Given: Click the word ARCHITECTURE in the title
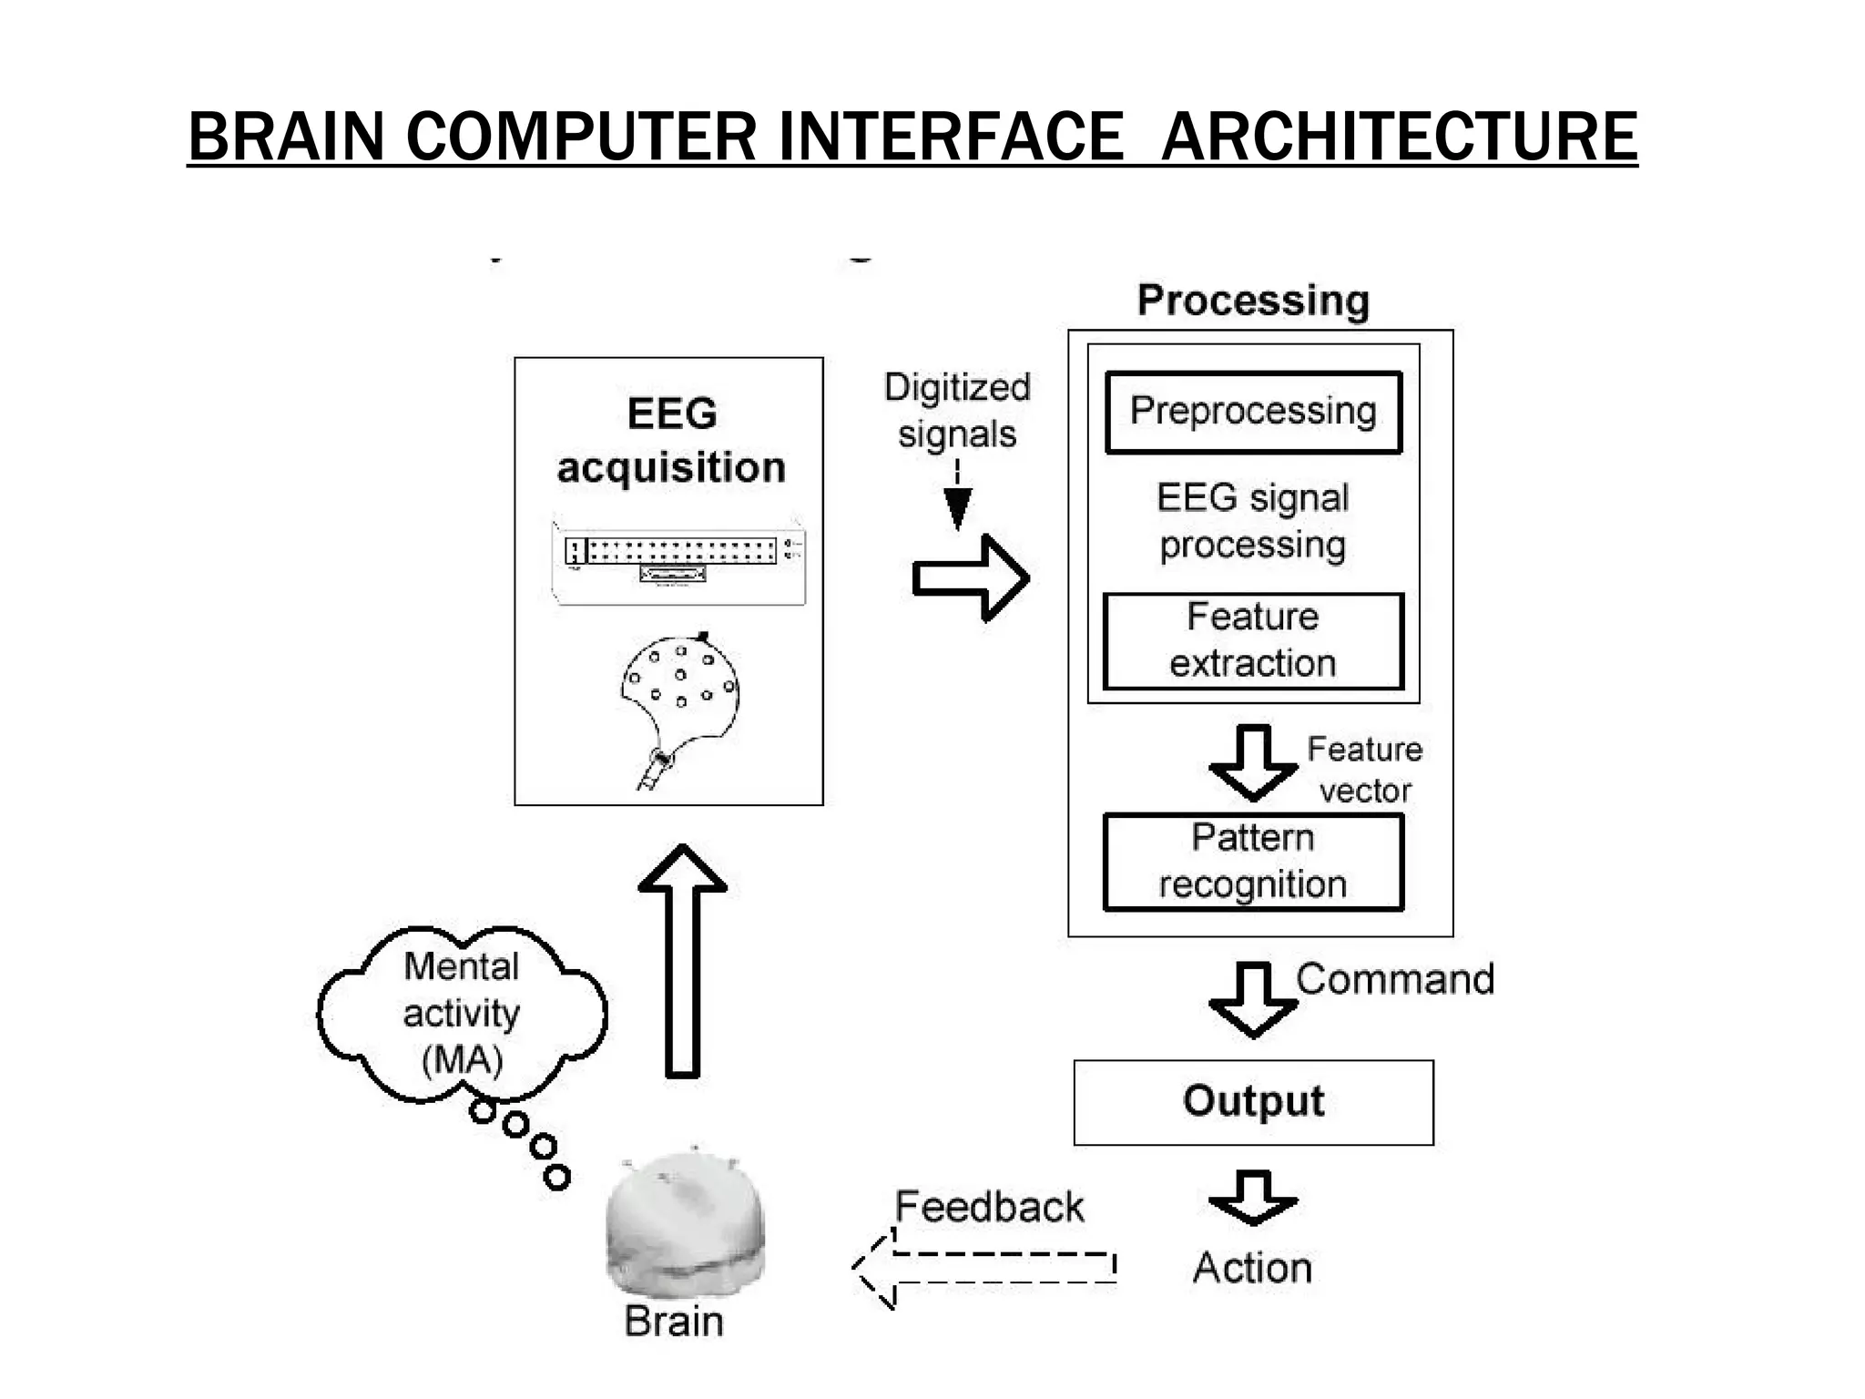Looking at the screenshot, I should click(x=1399, y=137).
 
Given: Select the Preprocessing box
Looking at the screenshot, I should click(x=1253, y=412).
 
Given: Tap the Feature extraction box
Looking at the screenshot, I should click(x=1253, y=641).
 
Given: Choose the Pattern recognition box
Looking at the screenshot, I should click(x=1253, y=862).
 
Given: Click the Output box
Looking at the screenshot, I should click(x=1253, y=1102).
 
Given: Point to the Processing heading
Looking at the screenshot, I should click(x=1253, y=301).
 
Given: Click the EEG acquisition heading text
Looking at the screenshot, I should click(x=671, y=441).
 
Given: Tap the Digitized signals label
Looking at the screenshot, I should click(x=957, y=411).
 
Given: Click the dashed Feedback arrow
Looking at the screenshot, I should click(x=983, y=1268).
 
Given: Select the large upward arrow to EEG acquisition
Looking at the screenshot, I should click(x=682, y=961).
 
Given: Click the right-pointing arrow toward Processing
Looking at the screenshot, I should click(x=971, y=578).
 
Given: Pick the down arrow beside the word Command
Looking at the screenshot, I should click(x=1254, y=1000).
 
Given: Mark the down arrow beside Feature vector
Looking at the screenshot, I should click(x=1254, y=763).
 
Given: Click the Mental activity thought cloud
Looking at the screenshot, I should click(x=462, y=1014).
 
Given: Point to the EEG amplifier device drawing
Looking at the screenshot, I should click(x=678, y=562).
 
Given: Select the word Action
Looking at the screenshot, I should click(x=1253, y=1268).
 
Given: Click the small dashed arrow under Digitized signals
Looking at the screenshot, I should click(x=957, y=496).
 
